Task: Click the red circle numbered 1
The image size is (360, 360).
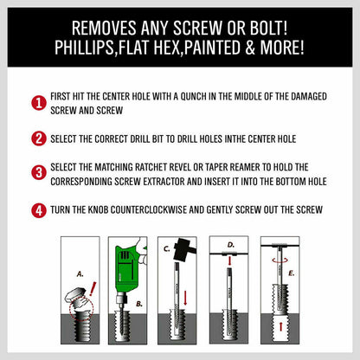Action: (39, 104)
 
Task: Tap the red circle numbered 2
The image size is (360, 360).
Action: (39, 138)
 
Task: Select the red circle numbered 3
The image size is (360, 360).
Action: (39, 171)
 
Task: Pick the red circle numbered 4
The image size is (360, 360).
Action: (39, 209)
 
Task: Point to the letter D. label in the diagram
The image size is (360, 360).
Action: (229, 245)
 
